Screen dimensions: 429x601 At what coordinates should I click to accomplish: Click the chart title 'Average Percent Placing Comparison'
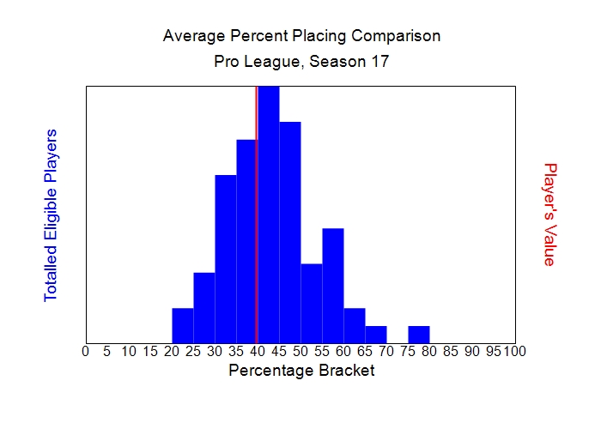point(301,37)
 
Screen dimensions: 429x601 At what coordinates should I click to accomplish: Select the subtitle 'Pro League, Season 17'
point(301,63)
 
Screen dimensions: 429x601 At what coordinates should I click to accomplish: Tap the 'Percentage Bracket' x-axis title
point(301,371)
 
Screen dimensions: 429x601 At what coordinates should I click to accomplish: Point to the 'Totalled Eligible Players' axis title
point(51,214)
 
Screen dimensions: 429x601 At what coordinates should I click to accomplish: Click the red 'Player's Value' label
point(550,214)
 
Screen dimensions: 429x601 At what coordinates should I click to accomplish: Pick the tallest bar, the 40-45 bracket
point(269,214)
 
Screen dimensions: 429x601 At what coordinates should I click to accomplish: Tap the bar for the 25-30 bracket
point(204,306)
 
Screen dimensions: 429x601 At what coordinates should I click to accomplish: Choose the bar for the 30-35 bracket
point(226,257)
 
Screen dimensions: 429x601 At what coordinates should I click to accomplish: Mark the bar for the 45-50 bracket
point(290,232)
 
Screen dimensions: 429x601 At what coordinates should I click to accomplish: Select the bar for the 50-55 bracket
point(312,302)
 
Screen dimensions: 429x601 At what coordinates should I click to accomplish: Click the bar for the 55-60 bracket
point(333,285)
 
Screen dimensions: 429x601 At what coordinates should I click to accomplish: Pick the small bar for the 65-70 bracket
point(376,334)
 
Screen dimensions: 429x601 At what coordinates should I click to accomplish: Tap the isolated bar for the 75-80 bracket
point(419,334)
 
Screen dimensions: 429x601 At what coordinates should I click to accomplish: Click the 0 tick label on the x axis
point(85,351)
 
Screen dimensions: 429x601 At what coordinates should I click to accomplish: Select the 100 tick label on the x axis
point(515,351)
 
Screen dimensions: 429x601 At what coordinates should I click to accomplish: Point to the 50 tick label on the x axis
point(300,351)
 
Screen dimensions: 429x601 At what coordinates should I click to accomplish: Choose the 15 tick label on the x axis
point(149,351)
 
